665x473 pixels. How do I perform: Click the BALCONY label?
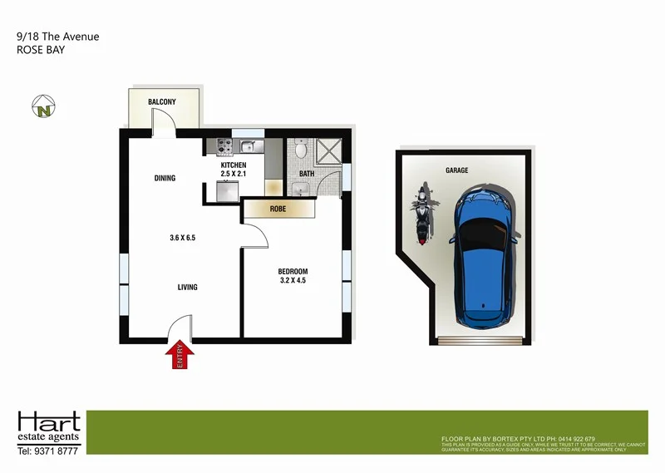(x=162, y=101)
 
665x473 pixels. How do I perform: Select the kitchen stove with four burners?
(x=224, y=147)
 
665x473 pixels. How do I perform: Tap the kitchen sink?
(x=248, y=147)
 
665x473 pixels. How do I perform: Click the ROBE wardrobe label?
(x=278, y=209)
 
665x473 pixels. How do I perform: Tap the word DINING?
(x=165, y=178)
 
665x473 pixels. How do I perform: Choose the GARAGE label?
(x=456, y=170)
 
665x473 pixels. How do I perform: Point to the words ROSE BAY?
(x=40, y=50)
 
